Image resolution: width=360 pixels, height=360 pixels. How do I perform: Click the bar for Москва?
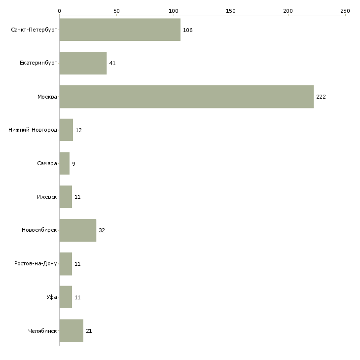186,97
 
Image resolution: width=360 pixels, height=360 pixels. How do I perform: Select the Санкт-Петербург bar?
120,30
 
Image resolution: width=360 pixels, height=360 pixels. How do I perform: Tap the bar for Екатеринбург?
83,63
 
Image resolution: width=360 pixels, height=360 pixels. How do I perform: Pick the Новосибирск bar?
77,230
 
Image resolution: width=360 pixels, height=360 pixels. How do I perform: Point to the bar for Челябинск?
71,331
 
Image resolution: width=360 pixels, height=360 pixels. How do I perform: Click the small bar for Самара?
64,163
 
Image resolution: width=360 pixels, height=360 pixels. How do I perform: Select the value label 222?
321,97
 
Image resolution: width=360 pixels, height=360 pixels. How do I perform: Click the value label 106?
187,30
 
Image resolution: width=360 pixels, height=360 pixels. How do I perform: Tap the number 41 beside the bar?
112,64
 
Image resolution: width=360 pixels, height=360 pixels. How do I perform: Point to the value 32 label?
102,230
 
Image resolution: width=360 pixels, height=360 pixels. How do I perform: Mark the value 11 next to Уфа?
77,297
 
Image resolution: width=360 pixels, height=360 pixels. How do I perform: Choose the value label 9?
73,164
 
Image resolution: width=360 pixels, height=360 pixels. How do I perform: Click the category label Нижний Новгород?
33,130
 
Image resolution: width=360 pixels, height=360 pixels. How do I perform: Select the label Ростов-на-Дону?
36,264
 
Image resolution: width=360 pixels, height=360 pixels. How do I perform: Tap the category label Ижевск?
47,197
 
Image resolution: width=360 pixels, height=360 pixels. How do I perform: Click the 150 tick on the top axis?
231,10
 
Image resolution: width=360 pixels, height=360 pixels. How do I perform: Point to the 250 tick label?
345,10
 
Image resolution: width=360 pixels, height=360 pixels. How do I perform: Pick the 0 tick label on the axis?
59,10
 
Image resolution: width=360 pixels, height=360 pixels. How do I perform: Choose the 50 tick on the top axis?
116,10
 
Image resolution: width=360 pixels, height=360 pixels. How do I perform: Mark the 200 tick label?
288,10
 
